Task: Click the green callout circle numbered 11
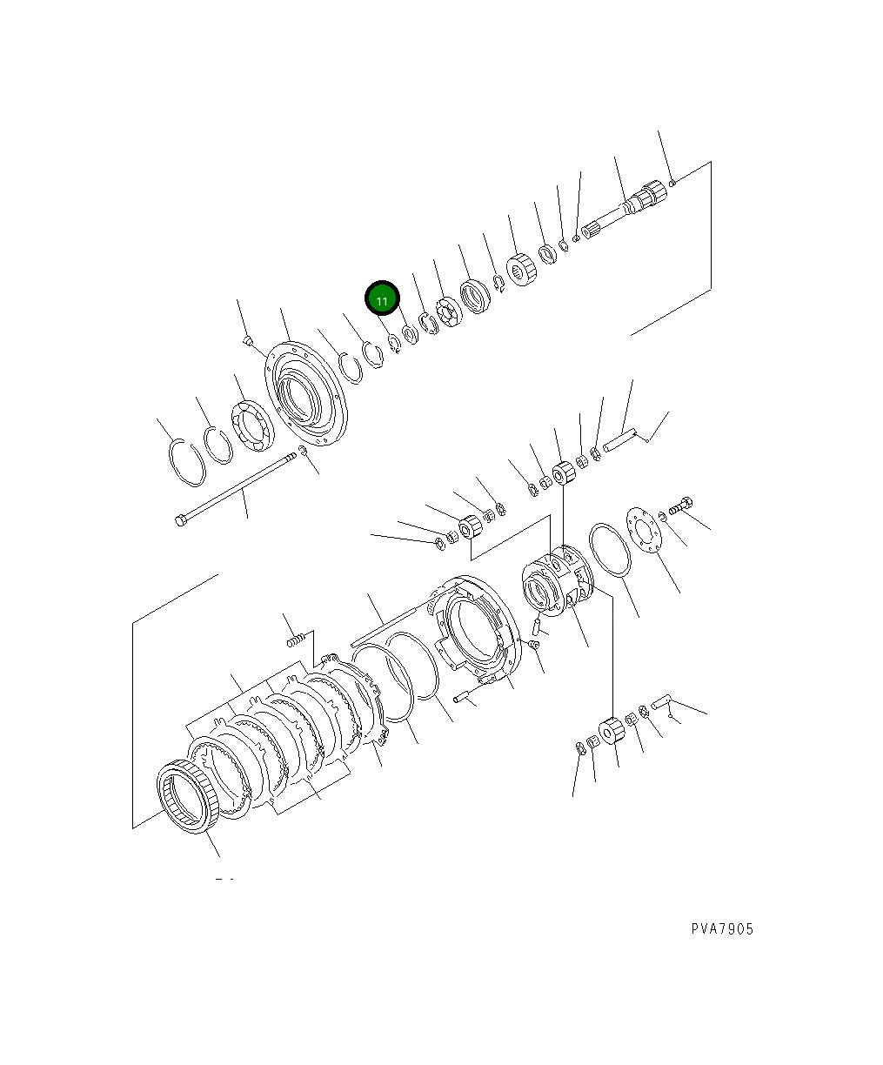click(x=382, y=298)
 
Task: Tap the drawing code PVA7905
click(x=722, y=928)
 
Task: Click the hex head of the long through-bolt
click(x=180, y=521)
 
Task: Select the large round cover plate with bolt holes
click(x=306, y=393)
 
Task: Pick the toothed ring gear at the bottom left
click(x=188, y=796)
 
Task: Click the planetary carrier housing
click(x=558, y=581)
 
